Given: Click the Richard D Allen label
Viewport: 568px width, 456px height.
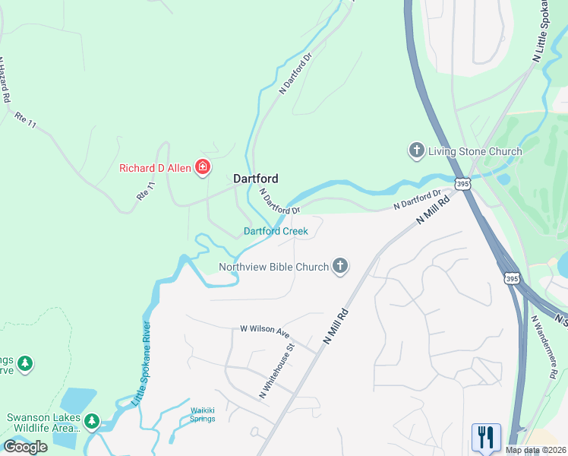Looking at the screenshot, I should pos(156,167).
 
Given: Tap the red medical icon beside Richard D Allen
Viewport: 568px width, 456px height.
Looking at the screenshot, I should pos(203,167).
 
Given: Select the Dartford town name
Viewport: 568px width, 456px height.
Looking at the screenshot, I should pos(255,179).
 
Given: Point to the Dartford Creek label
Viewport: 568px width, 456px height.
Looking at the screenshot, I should pos(276,231).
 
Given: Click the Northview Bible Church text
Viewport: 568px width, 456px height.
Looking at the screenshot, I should pos(273,267).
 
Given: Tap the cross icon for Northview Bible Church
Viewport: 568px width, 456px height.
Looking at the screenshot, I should pos(341,266).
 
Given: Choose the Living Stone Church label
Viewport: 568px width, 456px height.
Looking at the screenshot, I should pos(475,151).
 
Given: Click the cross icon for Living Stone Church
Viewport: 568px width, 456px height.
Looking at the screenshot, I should pos(415,151).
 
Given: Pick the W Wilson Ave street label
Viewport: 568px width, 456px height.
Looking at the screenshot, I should pos(266,332).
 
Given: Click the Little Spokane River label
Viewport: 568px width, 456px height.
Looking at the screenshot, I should pos(142,363).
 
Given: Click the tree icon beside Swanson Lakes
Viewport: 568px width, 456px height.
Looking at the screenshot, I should pos(92,420).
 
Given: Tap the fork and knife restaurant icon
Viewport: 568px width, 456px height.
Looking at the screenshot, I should pos(486,437).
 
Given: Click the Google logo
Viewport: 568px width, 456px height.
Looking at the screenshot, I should pos(25,447).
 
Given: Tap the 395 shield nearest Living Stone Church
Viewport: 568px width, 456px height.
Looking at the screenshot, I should pos(462,184).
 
